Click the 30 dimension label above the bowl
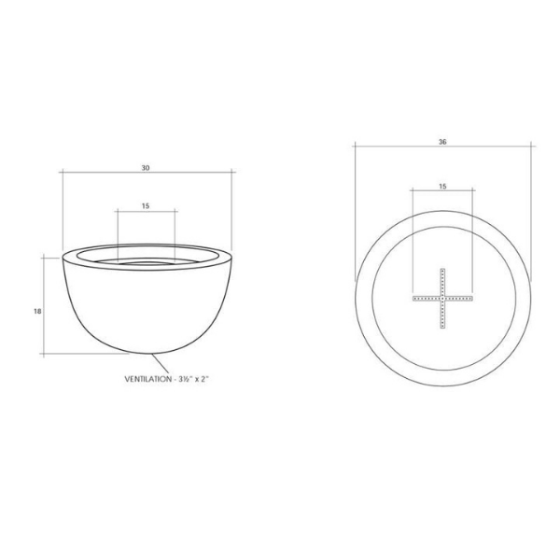coord(146,167)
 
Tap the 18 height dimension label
coord(37,311)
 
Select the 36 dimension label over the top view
coord(442,142)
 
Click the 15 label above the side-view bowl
coord(146,205)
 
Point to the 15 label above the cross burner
coord(442,186)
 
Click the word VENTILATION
coord(147,379)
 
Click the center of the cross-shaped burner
coord(442,299)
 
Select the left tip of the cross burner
coord(413,299)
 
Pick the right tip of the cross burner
coord(472,299)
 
